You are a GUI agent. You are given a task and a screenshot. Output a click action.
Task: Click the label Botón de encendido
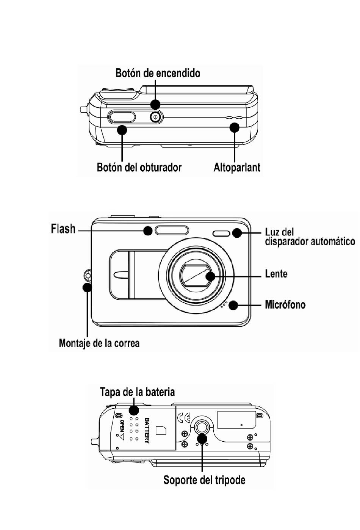pyautogui.click(x=158, y=73)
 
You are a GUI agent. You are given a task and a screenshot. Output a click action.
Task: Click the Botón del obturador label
pyautogui.click(x=139, y=168)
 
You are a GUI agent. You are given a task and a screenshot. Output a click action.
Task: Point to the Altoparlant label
pyautogui.click(x=237, y=168)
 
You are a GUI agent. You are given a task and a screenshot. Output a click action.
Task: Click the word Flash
pyautogui.click(x=63, y=229)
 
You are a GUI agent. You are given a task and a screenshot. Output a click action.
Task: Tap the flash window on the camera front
pyautogui.click(x=172, y=230)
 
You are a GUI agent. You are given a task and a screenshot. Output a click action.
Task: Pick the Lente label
pyautogui.click(x=276, y=273)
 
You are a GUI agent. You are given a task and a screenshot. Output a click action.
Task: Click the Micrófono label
pyautogui.click(x=285, y=304)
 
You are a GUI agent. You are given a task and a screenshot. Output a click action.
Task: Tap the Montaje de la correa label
pyautogui.click(x=99, y=343)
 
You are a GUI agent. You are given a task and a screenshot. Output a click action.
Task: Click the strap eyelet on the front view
pyautogui.click(x=88, y=275)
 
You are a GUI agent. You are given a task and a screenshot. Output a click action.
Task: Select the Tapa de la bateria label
pyautogui.click(x=137, y=392)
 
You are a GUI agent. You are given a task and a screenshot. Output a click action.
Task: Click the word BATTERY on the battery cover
pyautogui.click(x=147, y=431)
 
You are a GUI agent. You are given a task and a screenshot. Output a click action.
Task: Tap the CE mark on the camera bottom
pyautogui.click(x=184, y=418)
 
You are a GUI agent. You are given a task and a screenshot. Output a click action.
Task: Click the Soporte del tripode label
pyautogui.click(x=204, y=480)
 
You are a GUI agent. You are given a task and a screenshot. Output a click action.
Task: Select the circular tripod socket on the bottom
pyautogui.click(x=202, y=427)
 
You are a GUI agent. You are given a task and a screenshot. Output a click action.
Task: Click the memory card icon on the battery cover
pyautogui.click(x=161, y=430)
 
